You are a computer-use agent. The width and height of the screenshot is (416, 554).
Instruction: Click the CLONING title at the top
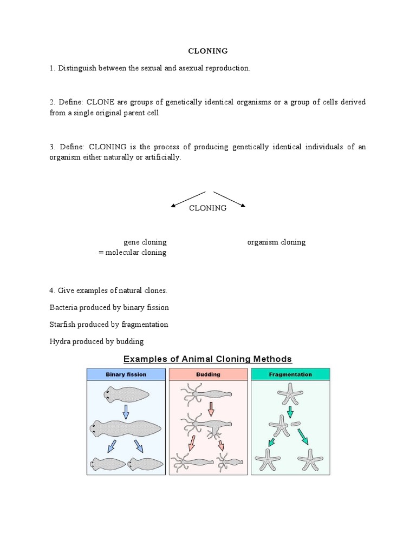point(207,51)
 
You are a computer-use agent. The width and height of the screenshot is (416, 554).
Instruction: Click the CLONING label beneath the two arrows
point(207,208)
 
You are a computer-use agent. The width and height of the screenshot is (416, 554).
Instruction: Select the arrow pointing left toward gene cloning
point(188,199)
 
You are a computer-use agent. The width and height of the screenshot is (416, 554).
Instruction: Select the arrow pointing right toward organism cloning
point(230,199)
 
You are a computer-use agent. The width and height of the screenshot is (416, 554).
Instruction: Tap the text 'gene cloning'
point(145,242)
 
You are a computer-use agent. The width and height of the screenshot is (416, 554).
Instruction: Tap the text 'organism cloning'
point(276,242)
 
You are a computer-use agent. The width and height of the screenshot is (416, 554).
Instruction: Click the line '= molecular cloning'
point(133,253)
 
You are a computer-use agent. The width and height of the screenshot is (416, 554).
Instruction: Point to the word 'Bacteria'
point(64,307)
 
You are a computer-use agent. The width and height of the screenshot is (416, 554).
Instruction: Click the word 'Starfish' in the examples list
point(63,325)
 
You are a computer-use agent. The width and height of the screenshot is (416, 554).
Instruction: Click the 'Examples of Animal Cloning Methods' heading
point(207,359)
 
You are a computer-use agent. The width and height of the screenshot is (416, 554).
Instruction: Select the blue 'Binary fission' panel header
point(126,374)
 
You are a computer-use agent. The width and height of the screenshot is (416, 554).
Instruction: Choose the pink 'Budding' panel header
point(208,374)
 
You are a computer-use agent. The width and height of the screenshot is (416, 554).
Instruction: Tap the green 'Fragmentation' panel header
point(290,374)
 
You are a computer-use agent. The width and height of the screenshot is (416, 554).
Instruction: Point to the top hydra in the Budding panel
point(209,395)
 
